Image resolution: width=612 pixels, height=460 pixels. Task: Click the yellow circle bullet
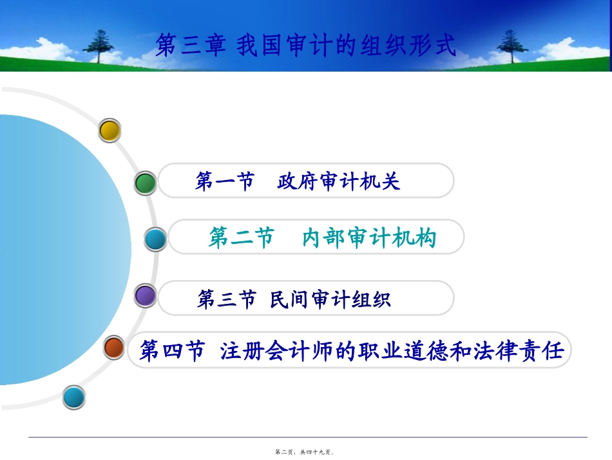[x=110, y=131]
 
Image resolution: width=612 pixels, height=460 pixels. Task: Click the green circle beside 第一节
[x=146, y=183]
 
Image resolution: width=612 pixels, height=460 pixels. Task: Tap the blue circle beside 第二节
[x=155, y=239]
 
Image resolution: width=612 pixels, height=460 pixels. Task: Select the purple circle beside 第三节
[x=146, y=296]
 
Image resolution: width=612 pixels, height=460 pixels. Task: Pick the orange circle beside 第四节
[x=115, y=348]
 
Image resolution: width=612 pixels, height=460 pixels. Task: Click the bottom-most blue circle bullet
[x=73, y=397]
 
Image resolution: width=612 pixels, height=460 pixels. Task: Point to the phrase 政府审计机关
[x=339, y=181]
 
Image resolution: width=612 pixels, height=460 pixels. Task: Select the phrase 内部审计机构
[x=369, y=238]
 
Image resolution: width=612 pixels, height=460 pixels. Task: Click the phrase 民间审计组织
[x=330, y=299]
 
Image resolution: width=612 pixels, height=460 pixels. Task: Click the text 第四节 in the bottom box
[x=171, y=352]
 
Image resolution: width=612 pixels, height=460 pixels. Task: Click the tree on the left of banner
[x=99, y=46]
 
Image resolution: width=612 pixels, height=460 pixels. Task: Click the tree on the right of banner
[x=512, y=46]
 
